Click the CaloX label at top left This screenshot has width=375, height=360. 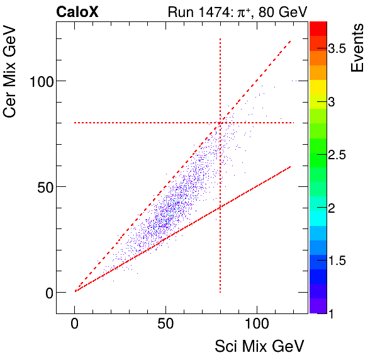click(77, 11)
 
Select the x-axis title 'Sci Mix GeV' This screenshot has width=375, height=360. click(260, 346)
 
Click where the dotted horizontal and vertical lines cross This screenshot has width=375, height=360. click(220, 123)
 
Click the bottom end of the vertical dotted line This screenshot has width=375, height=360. click(220, 293)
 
